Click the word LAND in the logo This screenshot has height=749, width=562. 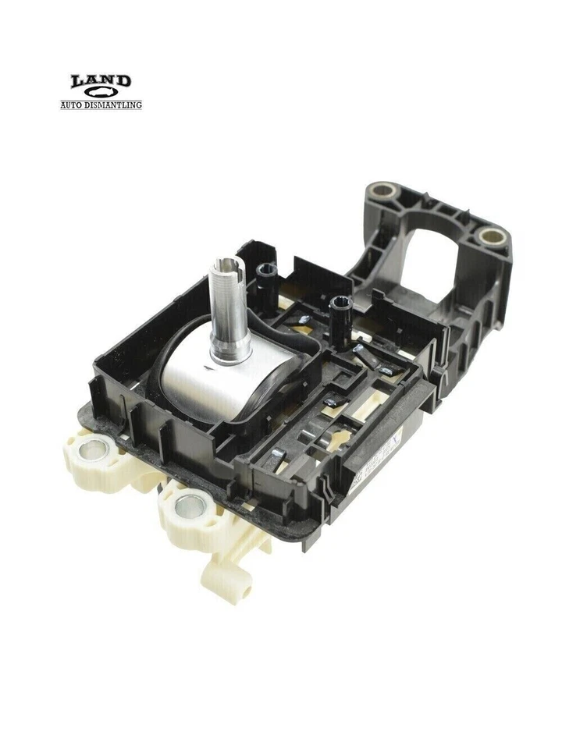(101, 81)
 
